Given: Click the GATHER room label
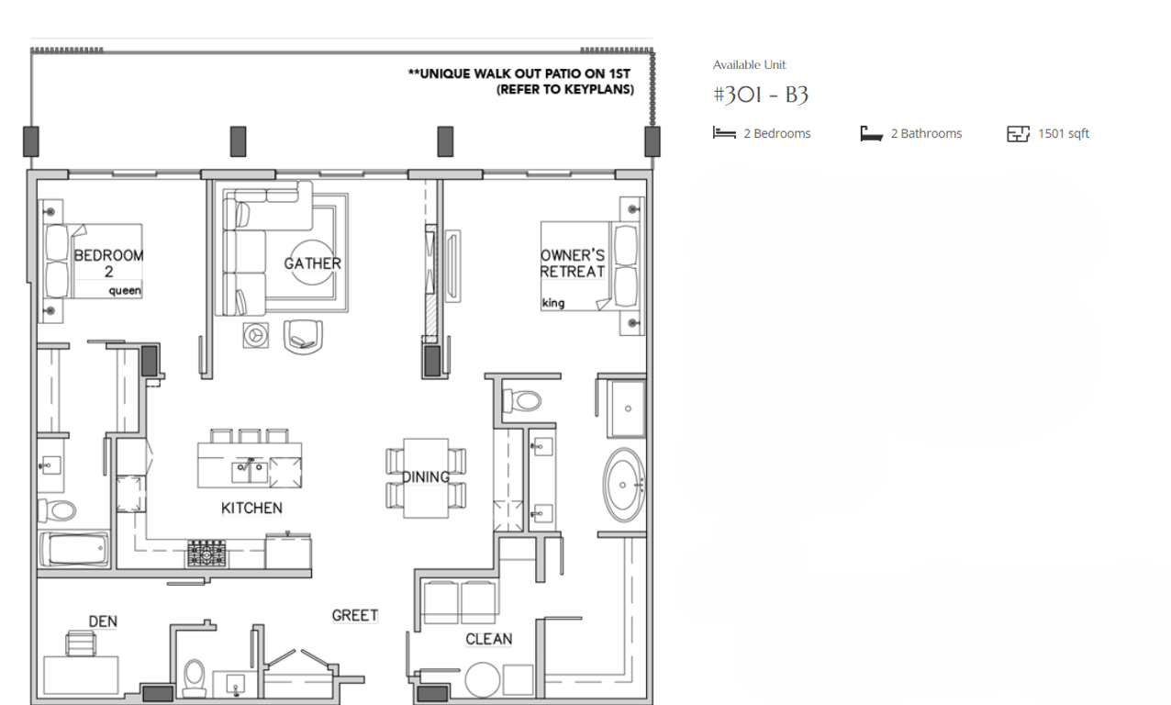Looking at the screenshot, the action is [x=313, y=263].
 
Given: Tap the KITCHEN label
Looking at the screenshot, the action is [x=251, y=508].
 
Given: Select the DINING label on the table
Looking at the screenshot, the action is [x=426, y=477].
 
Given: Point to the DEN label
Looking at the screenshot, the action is [x=103, y=621].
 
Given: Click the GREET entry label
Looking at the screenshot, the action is [x=355, y=615].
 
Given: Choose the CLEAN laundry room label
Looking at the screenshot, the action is [x=489, y=639].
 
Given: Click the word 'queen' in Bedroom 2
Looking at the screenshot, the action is [x=125, y=291].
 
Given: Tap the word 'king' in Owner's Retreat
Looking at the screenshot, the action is [x=553, y=303].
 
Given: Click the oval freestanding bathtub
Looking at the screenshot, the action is [x=624, y=485].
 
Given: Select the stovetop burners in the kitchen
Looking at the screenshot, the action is [x=207, y=554].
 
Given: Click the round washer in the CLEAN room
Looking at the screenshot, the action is [x=483, y=680].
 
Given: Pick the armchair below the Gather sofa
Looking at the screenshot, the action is [x=303, y=337].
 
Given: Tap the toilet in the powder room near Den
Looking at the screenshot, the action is [x=194, y=677].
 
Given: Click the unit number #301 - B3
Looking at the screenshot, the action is [x=761, y=95].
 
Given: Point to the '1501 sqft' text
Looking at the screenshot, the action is [x=1064, y=133].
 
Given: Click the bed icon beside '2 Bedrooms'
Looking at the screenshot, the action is [x=724, y=133].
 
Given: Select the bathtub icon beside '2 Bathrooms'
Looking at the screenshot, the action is [x=872, y=133].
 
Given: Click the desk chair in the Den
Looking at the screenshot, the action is [x=81, y=643].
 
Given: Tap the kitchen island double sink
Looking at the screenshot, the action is [x=250, y=472].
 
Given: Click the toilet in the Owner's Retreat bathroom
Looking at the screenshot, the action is [x=521, y=402].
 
